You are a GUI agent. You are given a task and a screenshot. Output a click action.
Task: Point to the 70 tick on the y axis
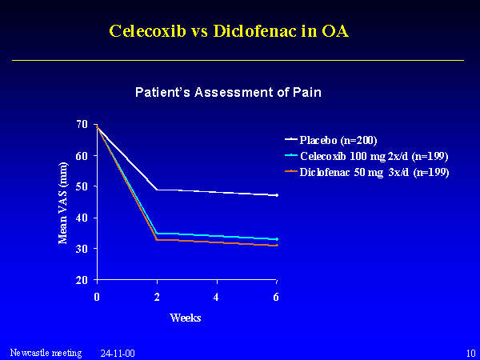click(x=82, y=124)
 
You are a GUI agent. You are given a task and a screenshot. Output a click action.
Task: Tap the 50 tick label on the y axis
click(x=82, y=186)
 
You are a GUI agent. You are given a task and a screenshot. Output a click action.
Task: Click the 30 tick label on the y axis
click(x=82, y=249)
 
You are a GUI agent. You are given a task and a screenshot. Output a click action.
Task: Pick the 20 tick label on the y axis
click(x=82, y=280)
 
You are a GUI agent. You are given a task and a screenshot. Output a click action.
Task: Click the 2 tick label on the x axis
click(x=156, y=296)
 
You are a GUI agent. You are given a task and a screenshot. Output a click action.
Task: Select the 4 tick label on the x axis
click(x=216, y=296)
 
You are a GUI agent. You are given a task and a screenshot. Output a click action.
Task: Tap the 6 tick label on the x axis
click(x=276, y=296)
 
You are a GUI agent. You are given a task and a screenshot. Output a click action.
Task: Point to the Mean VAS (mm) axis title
click(x=64, y=202)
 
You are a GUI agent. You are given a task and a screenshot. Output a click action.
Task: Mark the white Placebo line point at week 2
click(x=156, y=190)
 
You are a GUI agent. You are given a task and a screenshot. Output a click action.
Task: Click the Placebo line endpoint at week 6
click(x=276, y=195)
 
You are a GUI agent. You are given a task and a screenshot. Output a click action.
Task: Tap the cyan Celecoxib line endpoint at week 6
click(x=276, y=239)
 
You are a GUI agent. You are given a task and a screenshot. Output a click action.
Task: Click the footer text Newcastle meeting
click(x=46, y=352)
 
